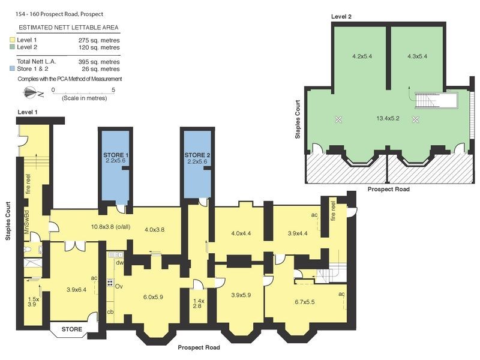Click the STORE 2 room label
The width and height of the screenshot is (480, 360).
(198, 155)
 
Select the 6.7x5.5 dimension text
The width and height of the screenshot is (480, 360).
(305, 302)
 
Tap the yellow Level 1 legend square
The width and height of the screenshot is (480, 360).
(12, 40)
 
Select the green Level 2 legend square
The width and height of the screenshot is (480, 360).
(12, 47)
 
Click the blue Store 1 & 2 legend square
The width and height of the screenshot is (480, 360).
(12, 69)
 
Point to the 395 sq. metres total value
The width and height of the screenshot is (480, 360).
(99, 62)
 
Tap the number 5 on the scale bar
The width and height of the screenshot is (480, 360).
(113, 89)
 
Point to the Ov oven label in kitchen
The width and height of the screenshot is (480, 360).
(119, 286)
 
